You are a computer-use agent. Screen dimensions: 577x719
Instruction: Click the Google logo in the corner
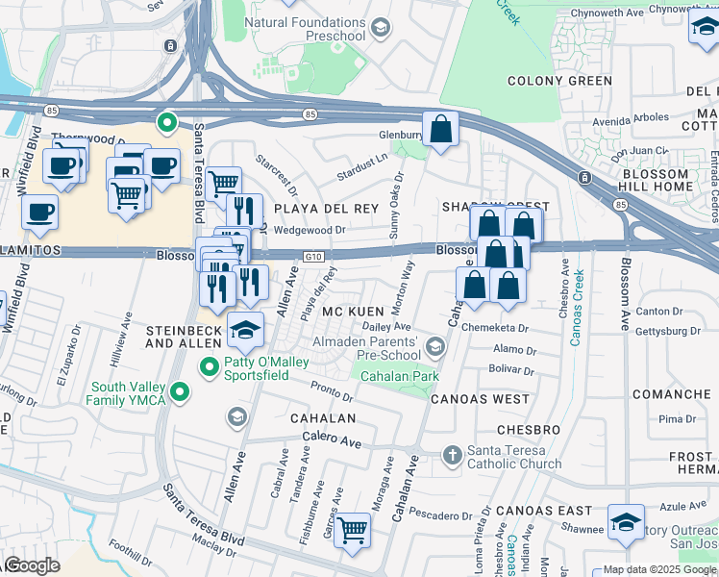coord(32,565)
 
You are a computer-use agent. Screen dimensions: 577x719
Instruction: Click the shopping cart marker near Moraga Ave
coord(353,530)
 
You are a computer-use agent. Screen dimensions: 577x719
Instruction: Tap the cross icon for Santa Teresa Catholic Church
coord(452,453)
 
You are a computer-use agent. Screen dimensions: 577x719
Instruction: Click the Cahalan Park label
coord(400,375)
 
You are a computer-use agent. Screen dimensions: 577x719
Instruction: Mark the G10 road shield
coord(312,257)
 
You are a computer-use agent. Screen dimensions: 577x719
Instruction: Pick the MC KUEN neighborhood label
coord(354,313)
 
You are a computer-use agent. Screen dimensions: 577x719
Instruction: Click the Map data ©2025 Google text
coord(658,569)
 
